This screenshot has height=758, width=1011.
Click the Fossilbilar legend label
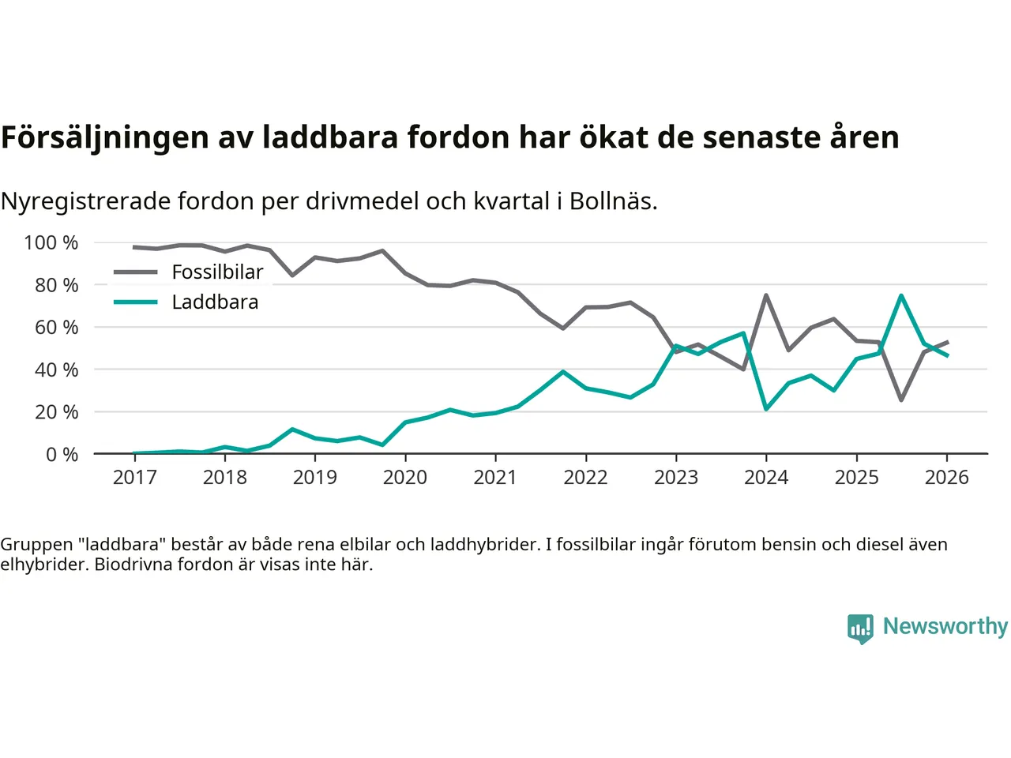pos(217,272)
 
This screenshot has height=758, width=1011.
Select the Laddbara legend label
pos(215,302)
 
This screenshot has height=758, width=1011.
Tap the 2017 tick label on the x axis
pos(135,478)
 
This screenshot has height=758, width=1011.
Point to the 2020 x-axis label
pos(405,478)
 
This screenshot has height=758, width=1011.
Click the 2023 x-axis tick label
pos(676,478)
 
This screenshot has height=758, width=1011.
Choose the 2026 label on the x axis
pos(946,478)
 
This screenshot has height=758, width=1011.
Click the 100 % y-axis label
pos(51,242)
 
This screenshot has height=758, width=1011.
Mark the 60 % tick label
pos(56,327)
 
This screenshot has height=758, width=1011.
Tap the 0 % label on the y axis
pos(62,454)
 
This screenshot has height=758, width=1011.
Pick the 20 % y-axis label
pos(56,411)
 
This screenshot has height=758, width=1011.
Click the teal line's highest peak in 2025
pos(901,295)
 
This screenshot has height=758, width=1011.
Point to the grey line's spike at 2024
pos(766,295)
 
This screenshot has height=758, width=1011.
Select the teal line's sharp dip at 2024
pos(766,409)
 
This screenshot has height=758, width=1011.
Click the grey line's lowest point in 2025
pos(901,400)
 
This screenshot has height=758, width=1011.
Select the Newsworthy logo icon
pos(860,629)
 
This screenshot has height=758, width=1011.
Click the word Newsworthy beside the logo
pos(945,626)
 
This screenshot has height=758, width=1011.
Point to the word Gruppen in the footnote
pos(36,544)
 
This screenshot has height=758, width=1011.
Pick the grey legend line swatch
pos(136,272)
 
